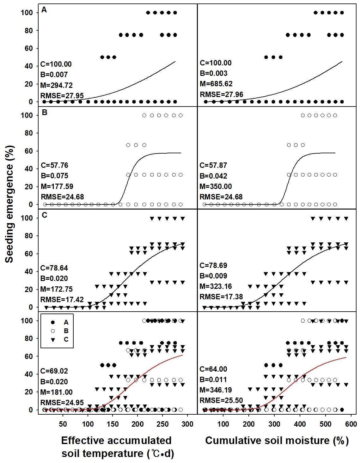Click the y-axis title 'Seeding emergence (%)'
point(10,204)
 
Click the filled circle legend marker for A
point(53,322)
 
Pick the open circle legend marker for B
point(53,331)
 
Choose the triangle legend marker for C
point(53,339)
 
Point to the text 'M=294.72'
point(57,85)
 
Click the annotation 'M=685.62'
point(216,84)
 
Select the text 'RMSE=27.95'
point(62,96)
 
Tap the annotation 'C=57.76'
point(55,165)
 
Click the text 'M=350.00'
point(216,186)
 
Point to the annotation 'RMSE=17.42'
point(62,299)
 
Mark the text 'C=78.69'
point(213,265)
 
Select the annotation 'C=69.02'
point(54,371)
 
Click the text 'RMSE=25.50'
point(221,400)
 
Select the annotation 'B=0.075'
point(55,176)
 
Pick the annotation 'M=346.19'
point(216,390)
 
